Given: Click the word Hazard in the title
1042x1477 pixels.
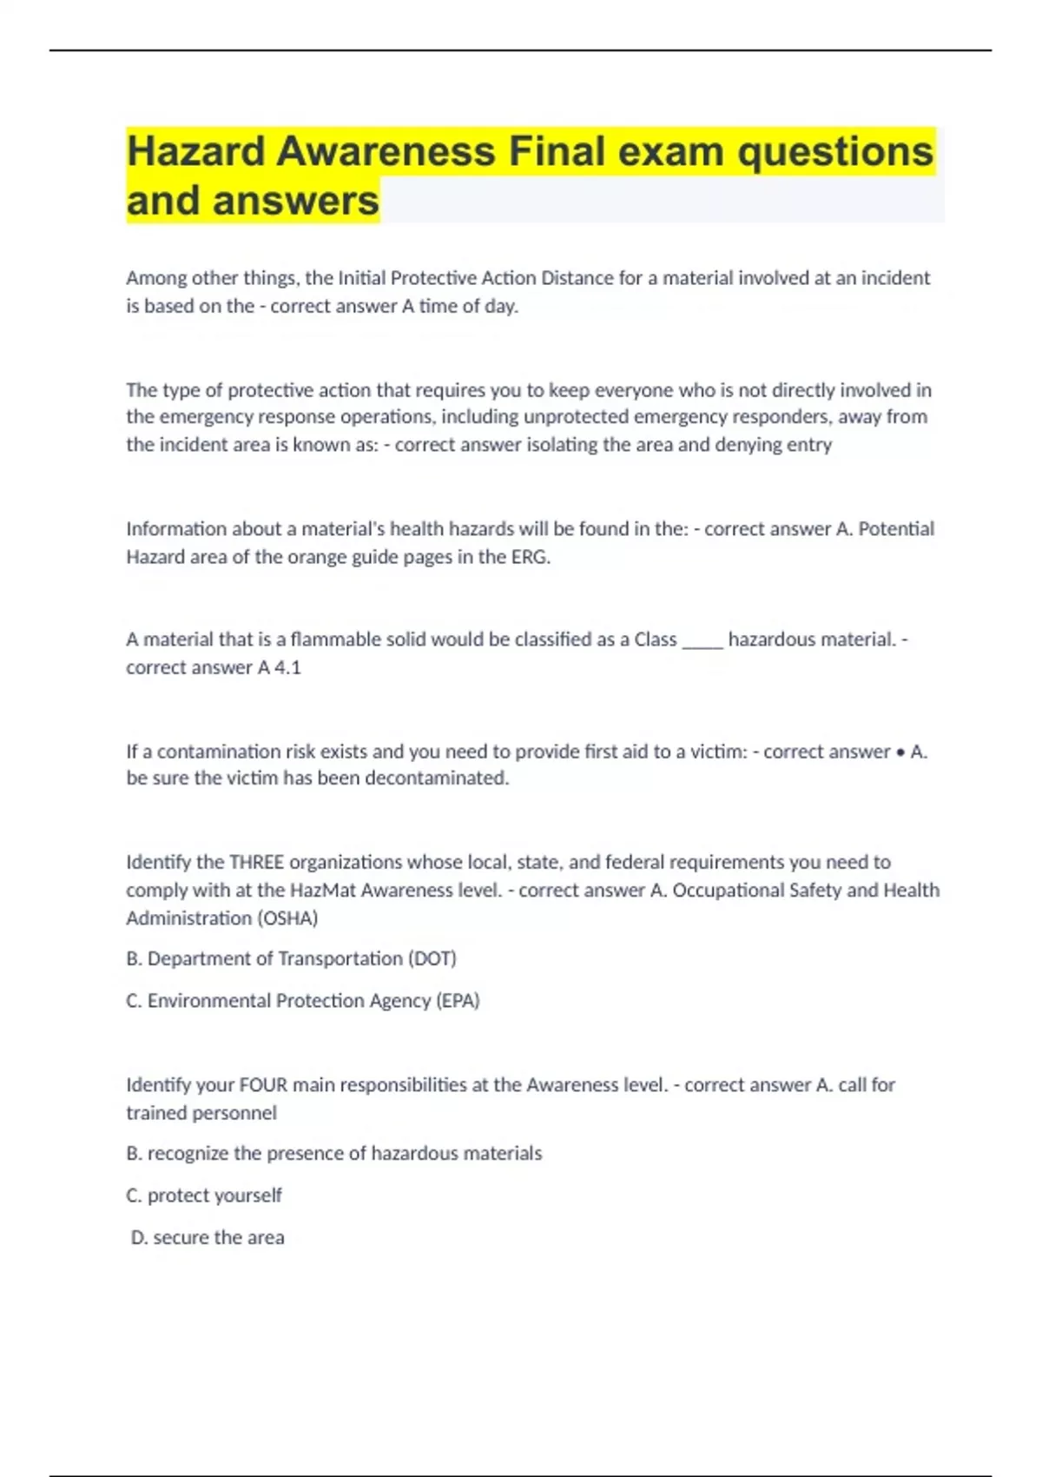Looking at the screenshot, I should [195, 151].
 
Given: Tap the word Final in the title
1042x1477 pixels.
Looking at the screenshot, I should [557, 151].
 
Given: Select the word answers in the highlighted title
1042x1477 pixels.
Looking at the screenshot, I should [295, 201].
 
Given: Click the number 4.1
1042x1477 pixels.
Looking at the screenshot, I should [287, 667].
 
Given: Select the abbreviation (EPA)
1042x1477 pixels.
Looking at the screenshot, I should [458, 1000].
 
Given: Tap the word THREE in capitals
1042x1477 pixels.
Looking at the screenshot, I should [256, 862].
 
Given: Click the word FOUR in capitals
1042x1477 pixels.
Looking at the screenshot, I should [263, 1084].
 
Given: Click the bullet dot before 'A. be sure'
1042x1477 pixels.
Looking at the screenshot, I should [900, 752].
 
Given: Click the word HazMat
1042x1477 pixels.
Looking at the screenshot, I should [322, 890].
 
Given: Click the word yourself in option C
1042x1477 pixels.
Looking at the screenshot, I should [247, 1196].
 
